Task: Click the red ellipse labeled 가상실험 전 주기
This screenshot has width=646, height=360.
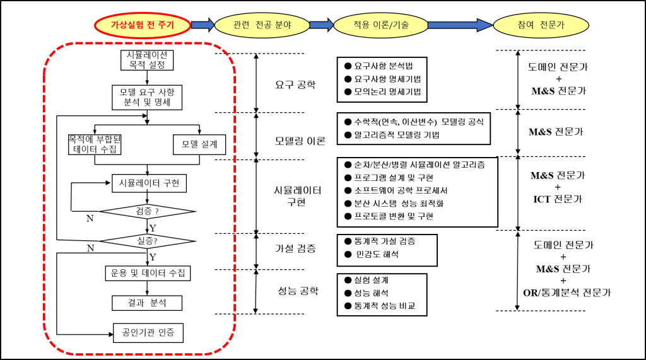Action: [143, 25]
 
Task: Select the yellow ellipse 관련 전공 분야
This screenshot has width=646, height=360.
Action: [262, 25]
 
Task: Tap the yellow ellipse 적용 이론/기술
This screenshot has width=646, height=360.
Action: [381, 25]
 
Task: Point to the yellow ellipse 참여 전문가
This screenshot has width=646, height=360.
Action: [541, 25]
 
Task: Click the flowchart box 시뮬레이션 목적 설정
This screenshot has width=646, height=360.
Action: [147, 60]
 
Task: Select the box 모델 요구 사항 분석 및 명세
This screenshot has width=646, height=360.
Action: [147, 98]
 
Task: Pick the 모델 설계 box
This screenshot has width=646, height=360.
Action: [199, 144]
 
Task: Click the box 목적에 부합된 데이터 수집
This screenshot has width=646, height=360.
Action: [95, 144]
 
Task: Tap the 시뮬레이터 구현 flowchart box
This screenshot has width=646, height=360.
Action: [149, 183]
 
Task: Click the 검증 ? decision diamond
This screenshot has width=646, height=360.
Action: [147, 212]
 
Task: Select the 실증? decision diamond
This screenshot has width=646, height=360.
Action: [147, 241]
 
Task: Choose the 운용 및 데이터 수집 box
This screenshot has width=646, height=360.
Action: [148, 273]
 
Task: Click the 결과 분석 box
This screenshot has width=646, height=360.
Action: [147, 303]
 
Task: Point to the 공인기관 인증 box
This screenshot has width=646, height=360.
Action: [148, 333]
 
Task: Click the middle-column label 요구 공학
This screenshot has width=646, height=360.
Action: [295, 85]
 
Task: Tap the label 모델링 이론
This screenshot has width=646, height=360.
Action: [300, 141]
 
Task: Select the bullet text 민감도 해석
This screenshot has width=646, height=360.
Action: [377, 255]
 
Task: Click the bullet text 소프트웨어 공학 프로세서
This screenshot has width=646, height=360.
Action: [401, 190]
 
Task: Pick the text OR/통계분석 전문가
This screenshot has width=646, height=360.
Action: [567, 293]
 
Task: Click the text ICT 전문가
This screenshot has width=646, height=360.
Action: [558, 199]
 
